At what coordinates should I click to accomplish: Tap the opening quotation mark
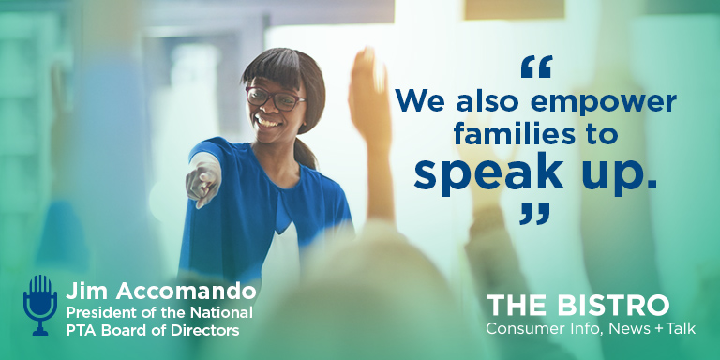pyautogui.click(x=535, y=68)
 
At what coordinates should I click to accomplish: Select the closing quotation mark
pyautogui.click(x=534, y=214)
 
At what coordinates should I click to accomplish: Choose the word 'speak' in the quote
pyautogui.click(x=491, y=174)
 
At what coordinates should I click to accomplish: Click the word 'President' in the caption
pyautogui.click(x=100, y=311)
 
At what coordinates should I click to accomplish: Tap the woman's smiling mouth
pyautogui.click(x=267, y=121)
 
